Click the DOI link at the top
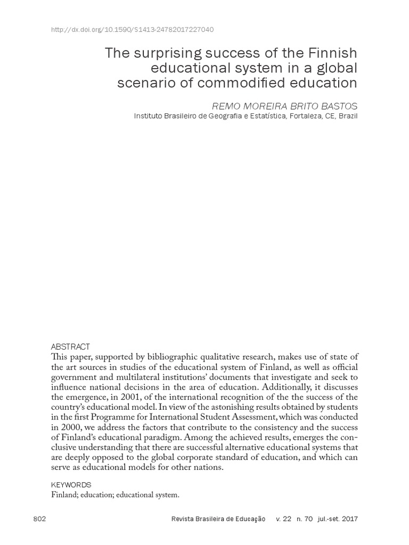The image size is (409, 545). point(132,30)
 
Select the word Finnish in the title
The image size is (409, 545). point(332,53)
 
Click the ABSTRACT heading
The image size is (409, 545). point(71,346)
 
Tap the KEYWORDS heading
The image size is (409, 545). point(71,485)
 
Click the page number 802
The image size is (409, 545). point(40,519)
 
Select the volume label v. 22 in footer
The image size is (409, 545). point(283,519)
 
